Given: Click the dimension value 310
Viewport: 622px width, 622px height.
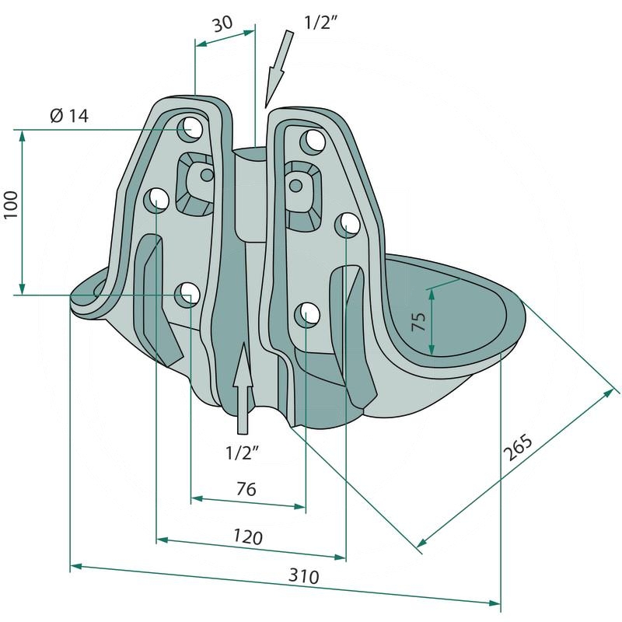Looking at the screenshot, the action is pyautogui.click(x=303, y=576).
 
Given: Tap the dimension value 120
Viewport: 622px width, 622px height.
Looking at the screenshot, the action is pyautogui.click(x=248, y=536).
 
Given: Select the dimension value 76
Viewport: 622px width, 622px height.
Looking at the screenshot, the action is pyautogui.click(x=246, y=489).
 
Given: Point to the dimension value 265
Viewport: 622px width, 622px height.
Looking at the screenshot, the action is pyautogui.click(x=517, y=448).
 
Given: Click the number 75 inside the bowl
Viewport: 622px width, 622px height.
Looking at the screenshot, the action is pyautogui.click(x=418, y=321).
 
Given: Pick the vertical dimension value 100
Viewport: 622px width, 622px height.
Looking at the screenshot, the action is pyautogui.click(x=11, y=204).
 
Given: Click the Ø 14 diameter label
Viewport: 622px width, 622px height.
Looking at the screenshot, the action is pyautogui.click(x=69, y=116).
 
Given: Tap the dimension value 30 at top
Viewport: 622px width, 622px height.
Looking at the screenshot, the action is pyautogui.click(x=222, y=24).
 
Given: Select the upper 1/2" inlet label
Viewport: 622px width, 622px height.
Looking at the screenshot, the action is pyautogui.click(x=320, y=23).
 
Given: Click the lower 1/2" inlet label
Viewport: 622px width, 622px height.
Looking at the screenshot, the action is pyautogui.click(x=243, y=453).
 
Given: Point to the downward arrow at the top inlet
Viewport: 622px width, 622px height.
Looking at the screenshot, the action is pyautogui.click(x=280, y=68).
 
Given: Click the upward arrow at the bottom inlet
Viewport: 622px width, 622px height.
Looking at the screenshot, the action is pyautogui.click(x=243, y=387).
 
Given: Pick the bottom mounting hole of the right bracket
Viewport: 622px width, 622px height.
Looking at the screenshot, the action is pyautogui.click(x=307, y=314).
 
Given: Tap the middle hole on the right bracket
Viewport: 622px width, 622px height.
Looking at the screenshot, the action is pyautogui.click(x=348, y=225).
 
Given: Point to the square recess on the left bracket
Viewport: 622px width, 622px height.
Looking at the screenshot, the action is pyautogui.click(x=195, y=183).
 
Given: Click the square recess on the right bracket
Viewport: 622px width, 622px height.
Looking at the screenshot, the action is pyautogui.click(x=304, y=196).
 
